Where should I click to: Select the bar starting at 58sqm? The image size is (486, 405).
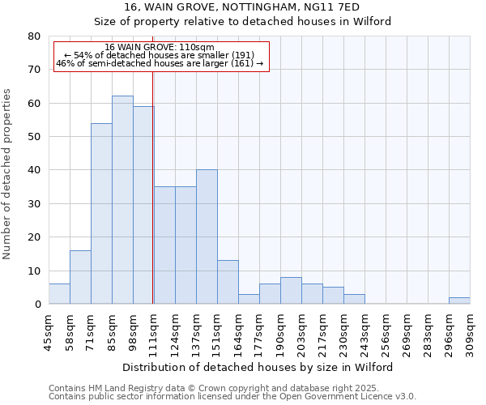coord(80,277)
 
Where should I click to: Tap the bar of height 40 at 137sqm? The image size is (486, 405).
coord(207,237)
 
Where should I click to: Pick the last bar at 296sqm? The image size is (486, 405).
coord(459,301)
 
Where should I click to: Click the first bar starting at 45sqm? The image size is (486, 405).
coord(59,294)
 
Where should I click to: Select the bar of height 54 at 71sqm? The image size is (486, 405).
coord(101,214)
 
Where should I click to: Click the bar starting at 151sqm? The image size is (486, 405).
coord(228,282)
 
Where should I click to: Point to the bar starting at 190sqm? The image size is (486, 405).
coord(291,291)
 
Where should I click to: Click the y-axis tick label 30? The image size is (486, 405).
coord(34,204)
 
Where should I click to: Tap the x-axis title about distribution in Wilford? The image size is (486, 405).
coord(258,367)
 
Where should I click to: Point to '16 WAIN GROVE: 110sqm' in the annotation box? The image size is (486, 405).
coord(160,48)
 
